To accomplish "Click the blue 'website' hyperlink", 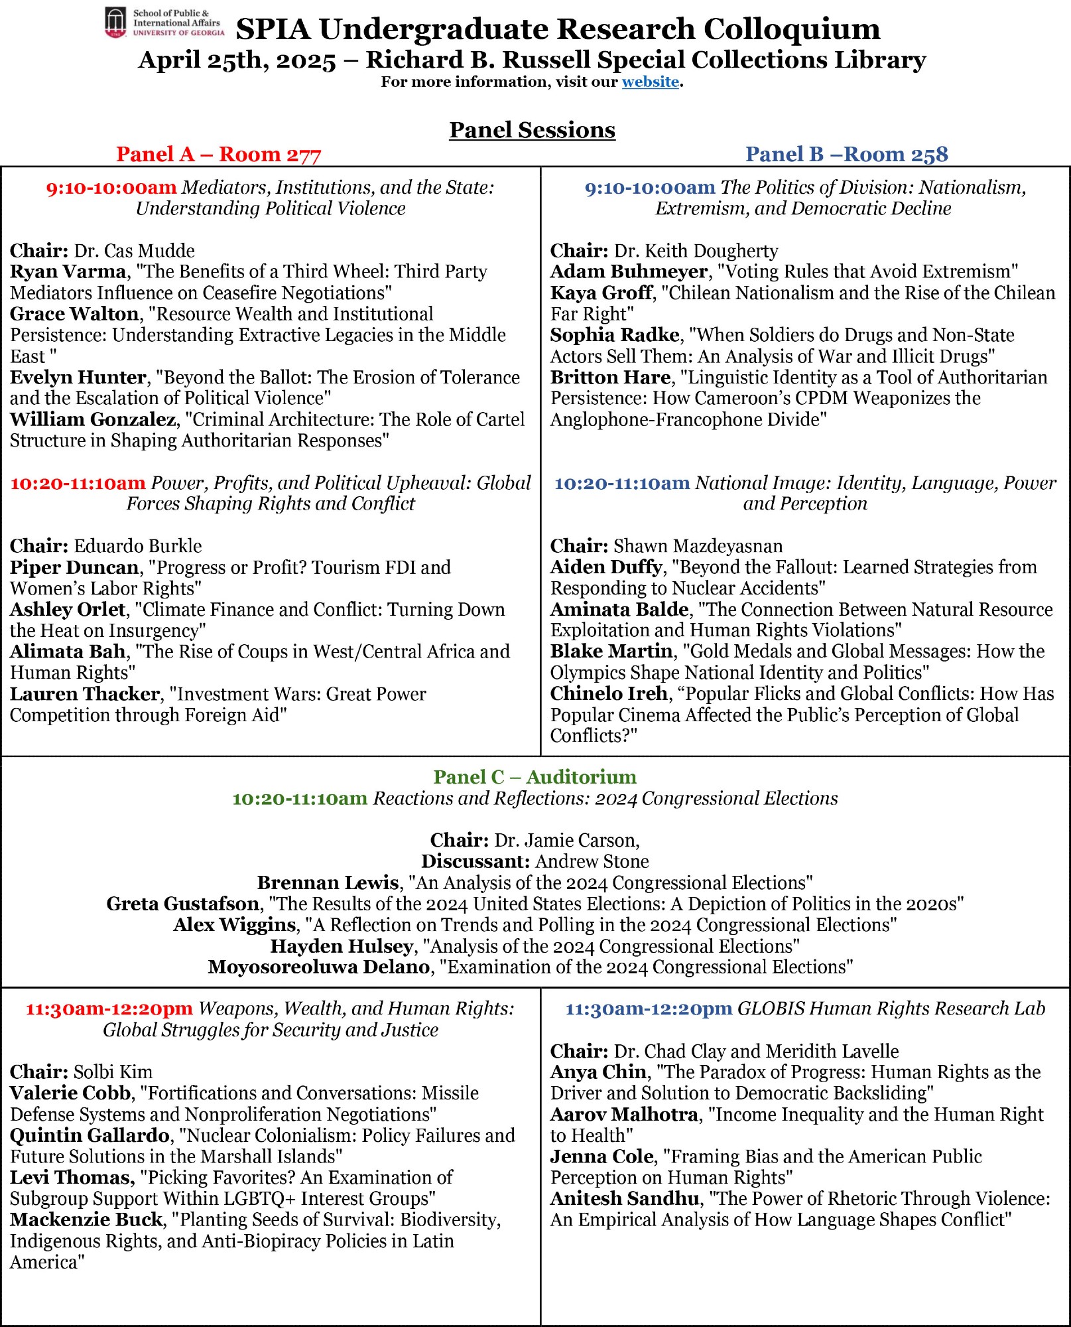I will [x=650, y=82].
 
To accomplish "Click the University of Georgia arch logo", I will [x=115, y=23].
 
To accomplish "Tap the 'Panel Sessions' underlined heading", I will [x=532, y=130].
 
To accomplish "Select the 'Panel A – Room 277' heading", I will [x=218, y=154].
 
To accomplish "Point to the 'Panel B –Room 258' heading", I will [x=846, y=154].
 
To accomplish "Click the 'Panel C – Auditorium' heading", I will [x=535, y=777].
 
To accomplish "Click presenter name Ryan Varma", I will [x=68, y=271].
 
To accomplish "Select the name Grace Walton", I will [x=74, y=314].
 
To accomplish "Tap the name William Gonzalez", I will [x=93, y=419].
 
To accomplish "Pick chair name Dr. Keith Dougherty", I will [x=696, y=251].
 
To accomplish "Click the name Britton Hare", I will [x=610, y=378].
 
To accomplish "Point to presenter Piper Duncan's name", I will [x=74, y=567].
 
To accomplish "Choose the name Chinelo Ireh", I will [x=608, y=693].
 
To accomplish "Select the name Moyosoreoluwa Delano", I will [x=318, y=967].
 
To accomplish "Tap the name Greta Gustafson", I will [x=182, y=904].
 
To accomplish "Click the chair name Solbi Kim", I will [x=113, y=1072].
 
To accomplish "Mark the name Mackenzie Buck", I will [x=86, y=1220].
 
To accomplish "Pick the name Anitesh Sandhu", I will [x=624, y=1198].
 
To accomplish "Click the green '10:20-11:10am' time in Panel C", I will [x=299, y=798].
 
